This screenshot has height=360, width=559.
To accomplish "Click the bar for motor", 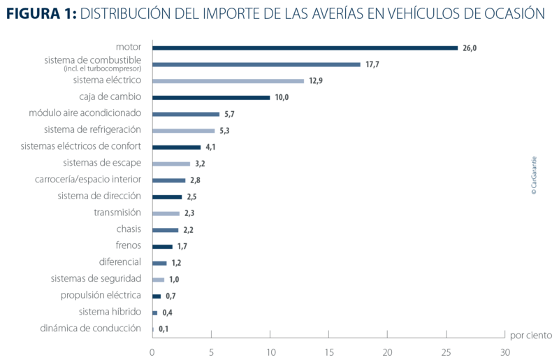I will tap(305, 48).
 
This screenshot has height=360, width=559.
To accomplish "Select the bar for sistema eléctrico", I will tap(228, 80).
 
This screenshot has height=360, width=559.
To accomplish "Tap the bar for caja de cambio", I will tap(211, 97).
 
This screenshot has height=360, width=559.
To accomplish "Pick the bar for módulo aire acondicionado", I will tap(186, 113).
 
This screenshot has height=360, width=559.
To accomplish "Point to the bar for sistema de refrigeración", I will tap(184, 130).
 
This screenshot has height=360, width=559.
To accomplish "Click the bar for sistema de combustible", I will tap(256, 64).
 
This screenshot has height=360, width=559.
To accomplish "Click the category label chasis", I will tap(129, 229).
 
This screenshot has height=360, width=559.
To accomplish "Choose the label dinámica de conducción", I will tap(95, 329).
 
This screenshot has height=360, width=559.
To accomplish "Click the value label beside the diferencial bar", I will tap(177, 263).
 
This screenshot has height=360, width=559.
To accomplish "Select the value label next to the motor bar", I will tap(469, 48).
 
